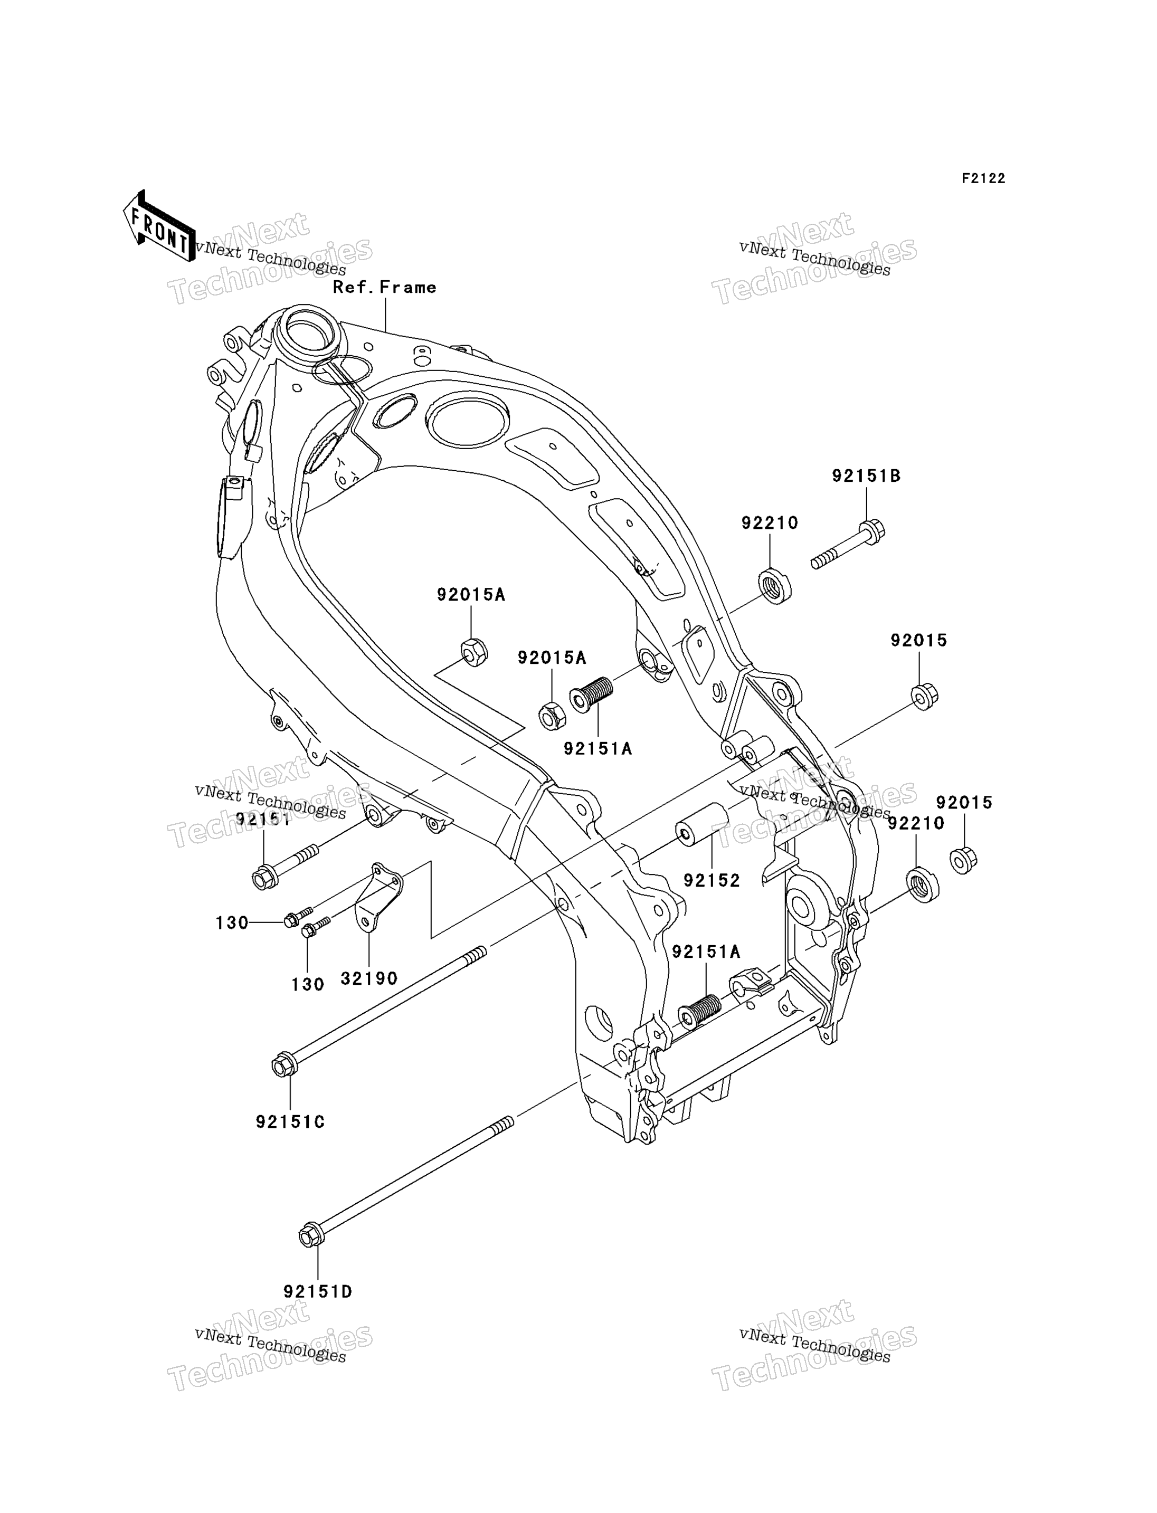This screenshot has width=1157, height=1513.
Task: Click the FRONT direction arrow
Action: click(x=159, y=226)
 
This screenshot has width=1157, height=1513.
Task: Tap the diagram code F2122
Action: click(x=983, y=178)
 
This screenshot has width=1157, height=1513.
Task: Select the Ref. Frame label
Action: click(x=384, y=287)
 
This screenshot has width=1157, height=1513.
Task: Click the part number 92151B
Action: click(x=866, y=476)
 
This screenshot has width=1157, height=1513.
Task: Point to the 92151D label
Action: click(x=317, y=1292)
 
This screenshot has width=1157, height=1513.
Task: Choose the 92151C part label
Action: click(x=290, y=1122)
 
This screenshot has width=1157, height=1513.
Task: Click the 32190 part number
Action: click(x=369, y=978)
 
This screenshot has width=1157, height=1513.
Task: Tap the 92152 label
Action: click(x=712, y=880)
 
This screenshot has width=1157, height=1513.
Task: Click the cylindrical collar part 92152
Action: click(x=702, y=824)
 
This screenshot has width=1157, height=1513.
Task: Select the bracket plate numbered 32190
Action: click(x=378, y=897)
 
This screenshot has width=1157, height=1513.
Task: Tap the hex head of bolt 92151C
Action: click(x=284, y=1065)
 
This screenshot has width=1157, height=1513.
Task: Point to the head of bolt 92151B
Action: click(x=873, y=531)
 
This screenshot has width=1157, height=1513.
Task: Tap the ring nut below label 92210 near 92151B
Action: click(x=775, y=587)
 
